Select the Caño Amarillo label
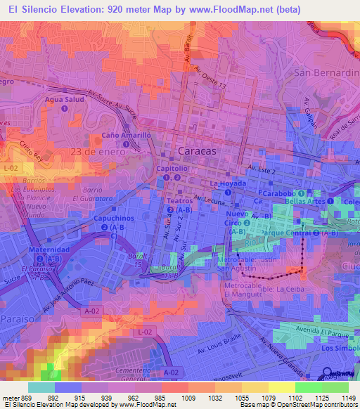coord(126,135)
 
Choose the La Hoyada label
coord(227,183)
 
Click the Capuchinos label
coord(114,218)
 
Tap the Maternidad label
coord(48,249)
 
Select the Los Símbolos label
coord(340,348)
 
